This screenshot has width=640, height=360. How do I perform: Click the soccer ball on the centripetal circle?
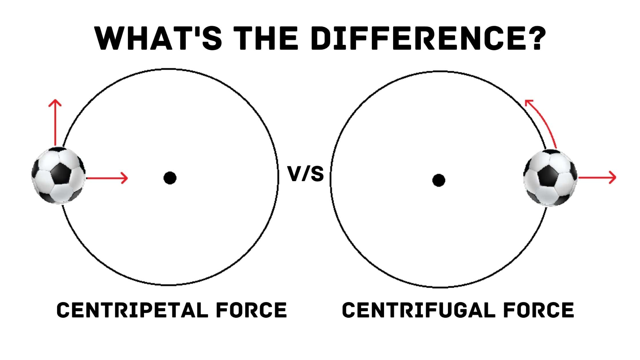tap(58, 175)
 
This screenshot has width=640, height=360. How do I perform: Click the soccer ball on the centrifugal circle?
tap(550, 178)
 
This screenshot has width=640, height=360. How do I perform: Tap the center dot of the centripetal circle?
tap(170, 178)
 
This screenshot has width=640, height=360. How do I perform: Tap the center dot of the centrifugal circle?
tap(439, 180)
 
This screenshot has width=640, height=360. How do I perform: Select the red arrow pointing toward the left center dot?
tap(107, 178)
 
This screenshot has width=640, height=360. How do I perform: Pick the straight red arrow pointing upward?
tap(55, 123)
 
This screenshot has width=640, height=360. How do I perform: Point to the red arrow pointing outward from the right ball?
tap(597, 177)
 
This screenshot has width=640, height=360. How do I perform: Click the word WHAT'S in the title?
tap(159, 38)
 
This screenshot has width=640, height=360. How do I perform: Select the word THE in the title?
tap(268, 38)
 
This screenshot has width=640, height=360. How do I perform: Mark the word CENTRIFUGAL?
tap(418, 310)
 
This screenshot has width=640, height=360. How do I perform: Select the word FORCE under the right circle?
tap(539, 310)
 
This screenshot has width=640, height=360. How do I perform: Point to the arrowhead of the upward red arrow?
tap(55, 103)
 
